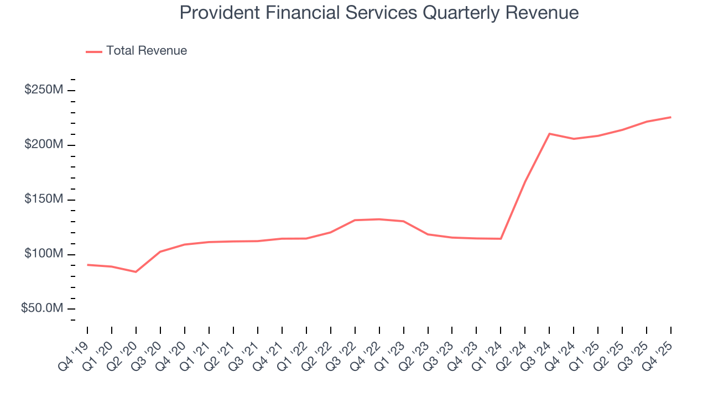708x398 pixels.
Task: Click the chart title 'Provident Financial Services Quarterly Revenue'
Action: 379,13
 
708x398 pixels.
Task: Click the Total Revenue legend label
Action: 147,51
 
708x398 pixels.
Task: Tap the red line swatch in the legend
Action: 94,51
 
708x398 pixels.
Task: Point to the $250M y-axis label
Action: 44,90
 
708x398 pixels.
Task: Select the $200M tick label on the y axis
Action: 44,145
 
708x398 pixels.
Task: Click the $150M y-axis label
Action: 44,200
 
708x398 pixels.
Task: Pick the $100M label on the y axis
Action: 44,254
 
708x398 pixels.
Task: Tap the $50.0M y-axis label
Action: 42,308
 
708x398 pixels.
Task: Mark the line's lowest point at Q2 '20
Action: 136,272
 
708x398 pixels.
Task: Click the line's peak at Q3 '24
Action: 549,134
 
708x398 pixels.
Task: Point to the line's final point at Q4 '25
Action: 671,117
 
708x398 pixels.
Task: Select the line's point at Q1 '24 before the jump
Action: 501,239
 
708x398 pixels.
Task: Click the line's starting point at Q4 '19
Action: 87,265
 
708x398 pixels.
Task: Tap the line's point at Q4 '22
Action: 379,219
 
